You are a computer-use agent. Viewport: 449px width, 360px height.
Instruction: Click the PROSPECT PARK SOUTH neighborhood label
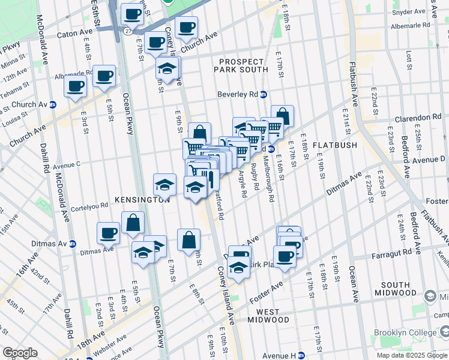point(241,66)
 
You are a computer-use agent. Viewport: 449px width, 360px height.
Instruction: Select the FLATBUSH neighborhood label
point(335,145)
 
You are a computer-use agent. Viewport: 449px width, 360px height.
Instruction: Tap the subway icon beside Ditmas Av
point(73,243)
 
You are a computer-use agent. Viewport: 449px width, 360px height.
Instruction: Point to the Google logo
point(20,353)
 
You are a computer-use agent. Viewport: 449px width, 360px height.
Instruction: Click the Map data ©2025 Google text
point(412,355)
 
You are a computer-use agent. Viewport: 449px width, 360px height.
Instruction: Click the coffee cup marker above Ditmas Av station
point(109,233)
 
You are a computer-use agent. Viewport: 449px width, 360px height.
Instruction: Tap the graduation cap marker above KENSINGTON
point(164,184)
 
